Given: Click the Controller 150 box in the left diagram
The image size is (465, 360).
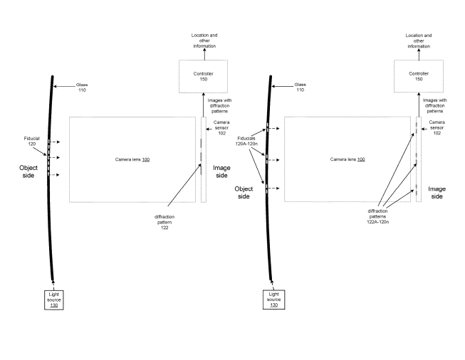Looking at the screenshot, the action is tap(203, 76).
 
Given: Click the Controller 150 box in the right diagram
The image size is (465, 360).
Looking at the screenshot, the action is tap(419, 76).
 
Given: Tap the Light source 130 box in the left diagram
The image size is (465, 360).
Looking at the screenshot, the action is tap(54, 300).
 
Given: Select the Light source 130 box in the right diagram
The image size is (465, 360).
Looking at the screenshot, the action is tap(273, 300).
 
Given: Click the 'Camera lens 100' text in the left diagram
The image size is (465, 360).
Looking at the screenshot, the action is tap(132, 159).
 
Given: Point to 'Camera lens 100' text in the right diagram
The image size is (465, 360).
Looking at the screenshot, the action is tap(348, 159).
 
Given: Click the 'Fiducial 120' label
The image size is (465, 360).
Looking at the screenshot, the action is tap(32, 141).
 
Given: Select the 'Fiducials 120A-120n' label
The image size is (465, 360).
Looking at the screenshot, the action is tap(246, 141).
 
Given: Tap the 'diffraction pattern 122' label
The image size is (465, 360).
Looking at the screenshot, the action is tap(164, 222).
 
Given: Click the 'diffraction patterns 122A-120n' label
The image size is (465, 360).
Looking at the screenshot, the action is tap(378, 216).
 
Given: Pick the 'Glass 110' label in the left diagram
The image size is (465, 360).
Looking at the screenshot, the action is tap(82, 88).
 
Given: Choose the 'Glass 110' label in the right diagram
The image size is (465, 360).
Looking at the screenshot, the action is tap(300, 87).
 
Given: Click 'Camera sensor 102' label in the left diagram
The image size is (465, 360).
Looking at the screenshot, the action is tap(221, 127).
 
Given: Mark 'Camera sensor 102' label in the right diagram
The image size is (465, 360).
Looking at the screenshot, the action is tap(437, 127).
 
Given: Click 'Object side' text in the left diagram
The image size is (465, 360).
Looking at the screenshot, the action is tap(28, 171).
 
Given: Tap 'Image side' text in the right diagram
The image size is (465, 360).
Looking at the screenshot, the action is tap(437, 193).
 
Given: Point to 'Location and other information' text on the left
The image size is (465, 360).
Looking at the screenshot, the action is tap(204, 41).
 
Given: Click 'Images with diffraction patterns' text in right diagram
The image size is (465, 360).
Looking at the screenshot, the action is tap(435, 106).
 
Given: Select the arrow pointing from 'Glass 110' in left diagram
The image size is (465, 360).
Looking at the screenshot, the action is tap(64, 87).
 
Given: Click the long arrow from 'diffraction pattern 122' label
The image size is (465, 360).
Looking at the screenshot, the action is tap(184, 185).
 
